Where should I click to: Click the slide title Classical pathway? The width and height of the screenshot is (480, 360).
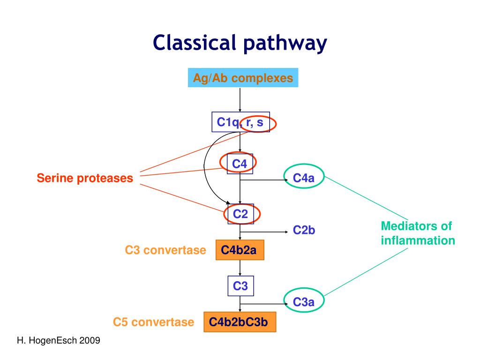[x=240, y=43]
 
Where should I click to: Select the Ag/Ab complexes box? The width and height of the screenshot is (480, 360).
[x=243, y=78]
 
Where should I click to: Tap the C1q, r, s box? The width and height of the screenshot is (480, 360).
[x=240, y=122]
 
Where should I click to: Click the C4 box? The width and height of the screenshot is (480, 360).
[x=240, y=164]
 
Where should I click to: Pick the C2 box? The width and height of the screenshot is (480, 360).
[x=240, y=214]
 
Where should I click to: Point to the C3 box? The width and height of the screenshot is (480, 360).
[x=240, y=285]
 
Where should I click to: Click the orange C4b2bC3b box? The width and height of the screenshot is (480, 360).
[x=240, y=322]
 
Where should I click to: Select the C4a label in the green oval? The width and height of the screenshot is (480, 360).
[x=303, y=178]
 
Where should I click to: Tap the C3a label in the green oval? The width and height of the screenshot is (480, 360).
[x=303, y=302]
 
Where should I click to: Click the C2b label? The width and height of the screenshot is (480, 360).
[x=304, y=230]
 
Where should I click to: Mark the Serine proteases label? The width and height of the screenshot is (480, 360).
[x=85, y=178]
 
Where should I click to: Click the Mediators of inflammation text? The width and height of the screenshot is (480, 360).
[x=418, y=233]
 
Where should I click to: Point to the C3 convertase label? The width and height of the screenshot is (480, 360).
[x=165, y=250]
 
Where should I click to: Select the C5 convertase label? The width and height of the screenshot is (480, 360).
[x=153, y=322]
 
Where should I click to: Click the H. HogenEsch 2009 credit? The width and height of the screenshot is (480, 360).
[x=59, y=341]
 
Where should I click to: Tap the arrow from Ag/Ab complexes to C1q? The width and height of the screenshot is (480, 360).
[x=240, y=99]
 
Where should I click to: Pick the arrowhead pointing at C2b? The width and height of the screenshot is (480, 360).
[x=287, y=232]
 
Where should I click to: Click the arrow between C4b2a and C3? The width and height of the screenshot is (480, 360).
[x=240, y=268]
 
